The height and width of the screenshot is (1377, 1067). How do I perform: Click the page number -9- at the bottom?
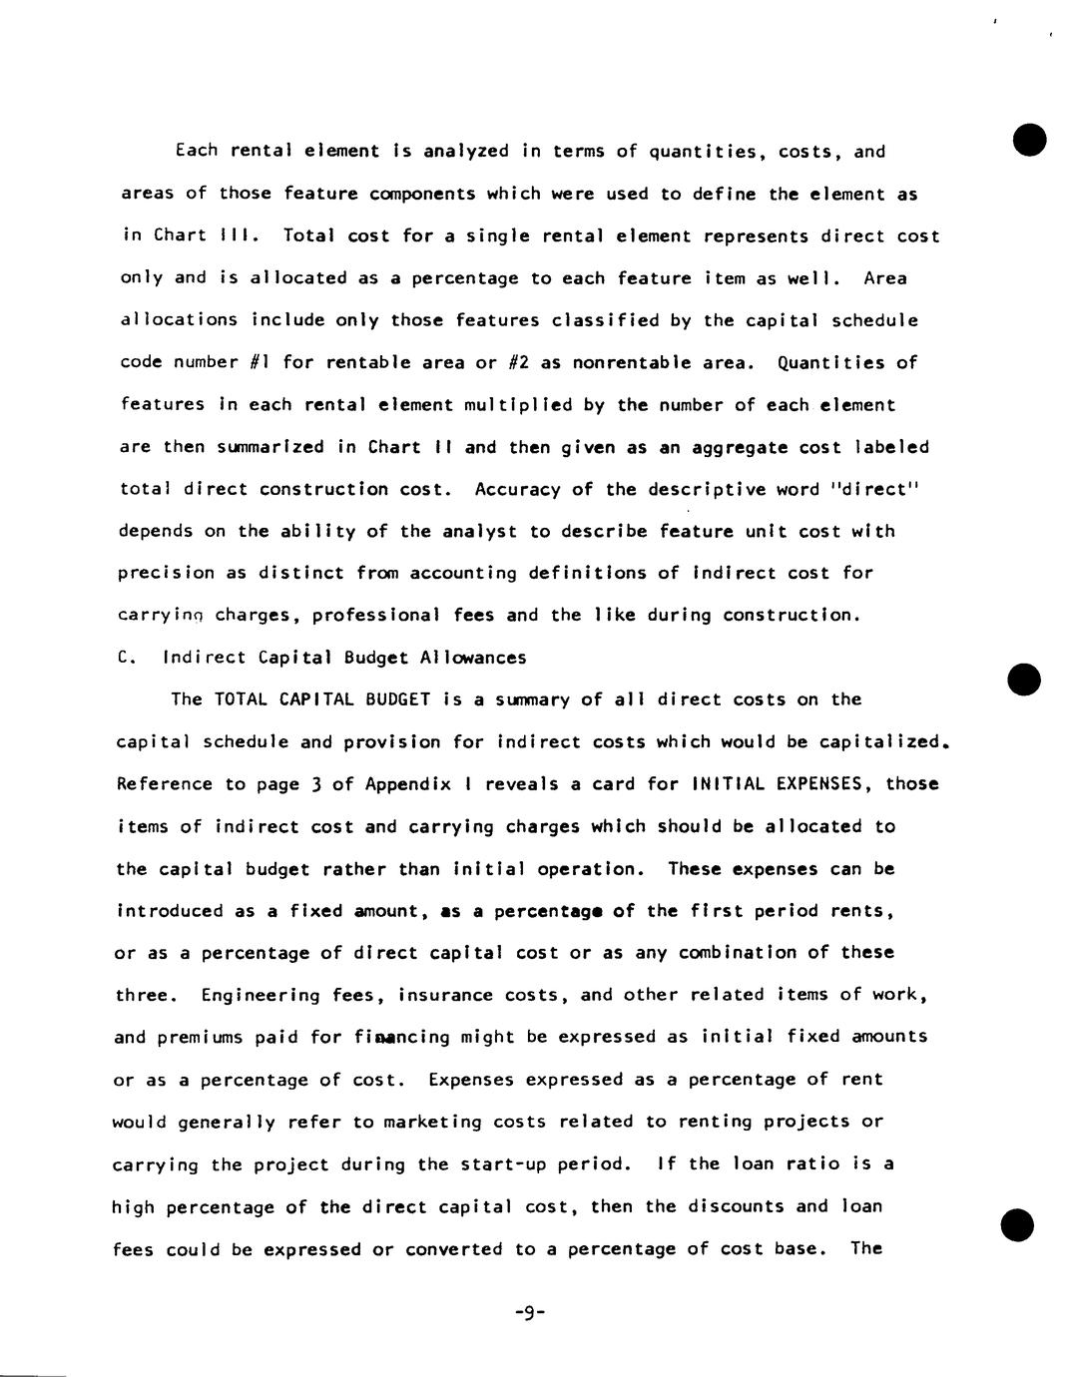tap(530, 1313)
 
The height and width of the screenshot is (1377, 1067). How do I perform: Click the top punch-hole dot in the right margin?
tap(1029, 140)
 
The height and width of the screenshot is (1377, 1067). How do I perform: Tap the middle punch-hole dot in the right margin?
tap(1024, 679)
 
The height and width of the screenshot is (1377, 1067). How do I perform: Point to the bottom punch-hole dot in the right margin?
tap(1017, 1224)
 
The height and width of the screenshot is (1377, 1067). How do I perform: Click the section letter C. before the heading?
tap(125, 658)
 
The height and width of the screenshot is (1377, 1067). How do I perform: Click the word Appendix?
tap(418, 784)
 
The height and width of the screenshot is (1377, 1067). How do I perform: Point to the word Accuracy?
tap(512, 489)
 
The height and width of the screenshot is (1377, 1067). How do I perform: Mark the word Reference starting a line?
tap(164, 784)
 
